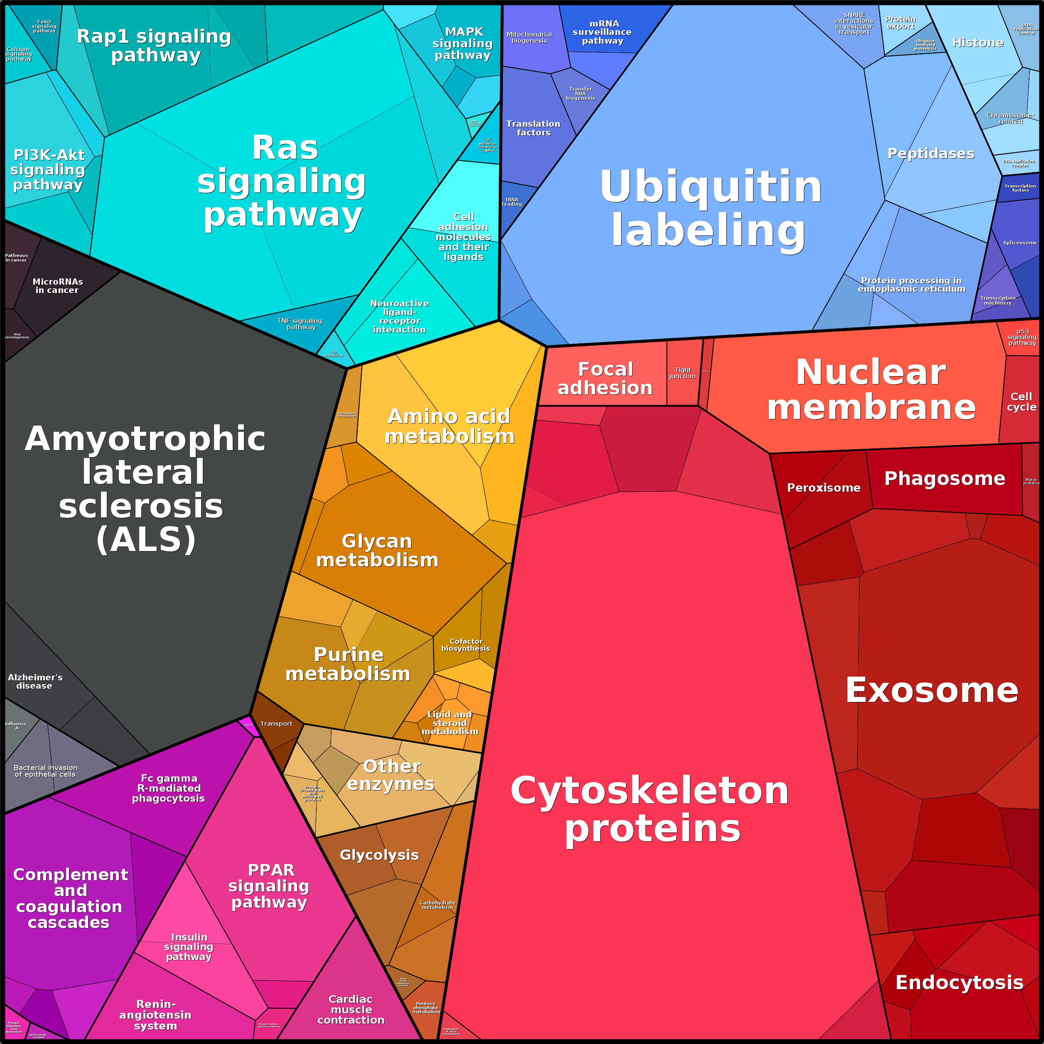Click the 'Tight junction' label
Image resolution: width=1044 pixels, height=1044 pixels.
point(682,373)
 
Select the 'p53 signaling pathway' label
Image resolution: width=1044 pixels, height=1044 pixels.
point(1022,337)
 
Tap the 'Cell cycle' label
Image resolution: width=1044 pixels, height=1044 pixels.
point(1021,401)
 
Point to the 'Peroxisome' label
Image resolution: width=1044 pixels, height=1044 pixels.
point(824,488)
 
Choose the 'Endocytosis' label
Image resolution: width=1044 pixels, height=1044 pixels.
point(959,982)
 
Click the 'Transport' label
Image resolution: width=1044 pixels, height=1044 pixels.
point(276,724)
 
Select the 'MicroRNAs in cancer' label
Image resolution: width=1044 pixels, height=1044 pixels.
point(57,286)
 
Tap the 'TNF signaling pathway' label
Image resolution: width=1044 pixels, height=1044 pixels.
point(300,324)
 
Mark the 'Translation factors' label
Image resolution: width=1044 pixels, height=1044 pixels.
point(533,128)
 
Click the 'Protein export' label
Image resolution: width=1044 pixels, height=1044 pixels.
point(900,23)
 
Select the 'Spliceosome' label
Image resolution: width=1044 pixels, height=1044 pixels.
point(1019,243)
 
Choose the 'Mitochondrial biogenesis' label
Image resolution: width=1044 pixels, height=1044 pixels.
point(529,37)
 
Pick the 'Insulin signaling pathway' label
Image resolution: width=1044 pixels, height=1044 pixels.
point(189,947)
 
